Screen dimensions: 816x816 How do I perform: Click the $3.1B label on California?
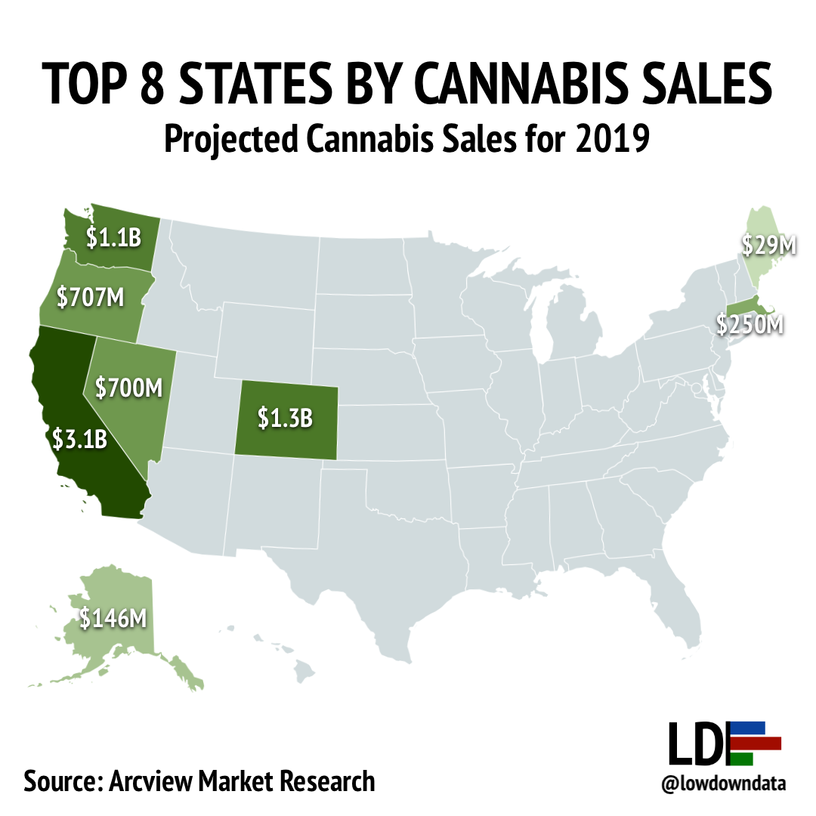click(x=80, y=439)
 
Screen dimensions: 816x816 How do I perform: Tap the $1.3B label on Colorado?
click(x=285, y=418)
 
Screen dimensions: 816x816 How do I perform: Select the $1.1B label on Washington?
click(x=113, y=239)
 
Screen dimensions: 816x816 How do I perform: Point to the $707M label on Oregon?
click(x=90, y=296)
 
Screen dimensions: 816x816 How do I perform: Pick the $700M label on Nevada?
click(x=129, y=388)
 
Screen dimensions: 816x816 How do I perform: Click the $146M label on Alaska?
click(x=113, y=618)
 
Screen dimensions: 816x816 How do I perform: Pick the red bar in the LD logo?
click(x=756, y=743)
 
